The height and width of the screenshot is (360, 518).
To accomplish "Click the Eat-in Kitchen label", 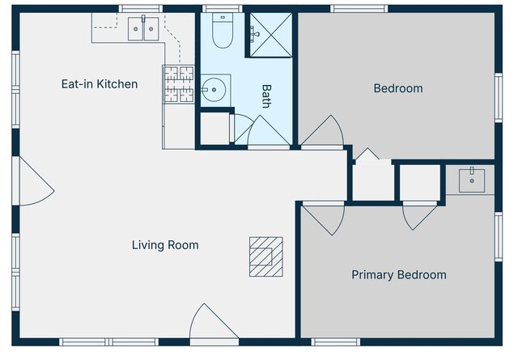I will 100,84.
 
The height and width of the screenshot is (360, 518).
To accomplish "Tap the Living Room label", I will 165,245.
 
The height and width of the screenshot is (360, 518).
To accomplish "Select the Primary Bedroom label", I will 398,275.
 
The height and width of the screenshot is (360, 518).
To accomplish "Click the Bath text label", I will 266,97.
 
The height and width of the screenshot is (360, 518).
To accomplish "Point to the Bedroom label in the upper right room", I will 397,88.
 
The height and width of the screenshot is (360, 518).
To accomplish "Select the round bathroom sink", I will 214,90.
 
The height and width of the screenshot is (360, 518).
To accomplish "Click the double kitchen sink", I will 143,30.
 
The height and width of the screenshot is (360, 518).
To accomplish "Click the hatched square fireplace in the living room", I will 265,256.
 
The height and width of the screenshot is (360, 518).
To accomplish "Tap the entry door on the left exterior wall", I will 36,182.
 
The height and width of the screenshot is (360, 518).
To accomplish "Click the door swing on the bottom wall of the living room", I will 214,324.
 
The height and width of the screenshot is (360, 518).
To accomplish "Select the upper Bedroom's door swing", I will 324,133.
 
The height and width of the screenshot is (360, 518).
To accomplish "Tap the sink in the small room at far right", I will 471,180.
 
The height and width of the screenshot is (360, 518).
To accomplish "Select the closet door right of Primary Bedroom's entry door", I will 420,215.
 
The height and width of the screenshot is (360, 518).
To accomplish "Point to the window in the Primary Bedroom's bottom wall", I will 336,341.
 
